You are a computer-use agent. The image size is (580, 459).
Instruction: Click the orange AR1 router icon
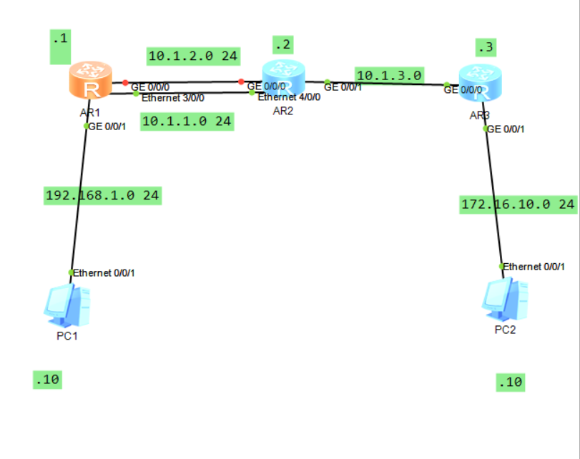click(90, 82)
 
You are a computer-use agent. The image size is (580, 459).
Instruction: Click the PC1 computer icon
click(67, 303)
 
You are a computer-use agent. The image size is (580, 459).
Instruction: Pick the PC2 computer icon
click(504, 299)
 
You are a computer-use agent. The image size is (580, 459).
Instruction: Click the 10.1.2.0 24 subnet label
click(193, 56)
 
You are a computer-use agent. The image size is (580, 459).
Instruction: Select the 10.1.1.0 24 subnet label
click(187, 122)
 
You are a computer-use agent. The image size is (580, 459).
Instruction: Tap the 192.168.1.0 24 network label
click(102, 194)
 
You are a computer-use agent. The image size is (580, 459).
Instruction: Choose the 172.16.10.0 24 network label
click(518, 204)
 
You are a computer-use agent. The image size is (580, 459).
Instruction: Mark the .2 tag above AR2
click(283, 45)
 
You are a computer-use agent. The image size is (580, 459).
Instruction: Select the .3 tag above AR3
click(486, 48)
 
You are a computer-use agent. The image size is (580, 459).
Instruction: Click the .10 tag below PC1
click(46, 380)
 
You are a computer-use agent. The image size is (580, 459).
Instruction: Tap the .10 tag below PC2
click(511, 382)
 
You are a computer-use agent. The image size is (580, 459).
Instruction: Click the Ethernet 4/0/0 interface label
click(289, 97)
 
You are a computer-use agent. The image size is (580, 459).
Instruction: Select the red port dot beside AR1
click(124, 82)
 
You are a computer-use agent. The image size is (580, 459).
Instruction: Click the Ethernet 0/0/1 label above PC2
click(534, 267)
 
